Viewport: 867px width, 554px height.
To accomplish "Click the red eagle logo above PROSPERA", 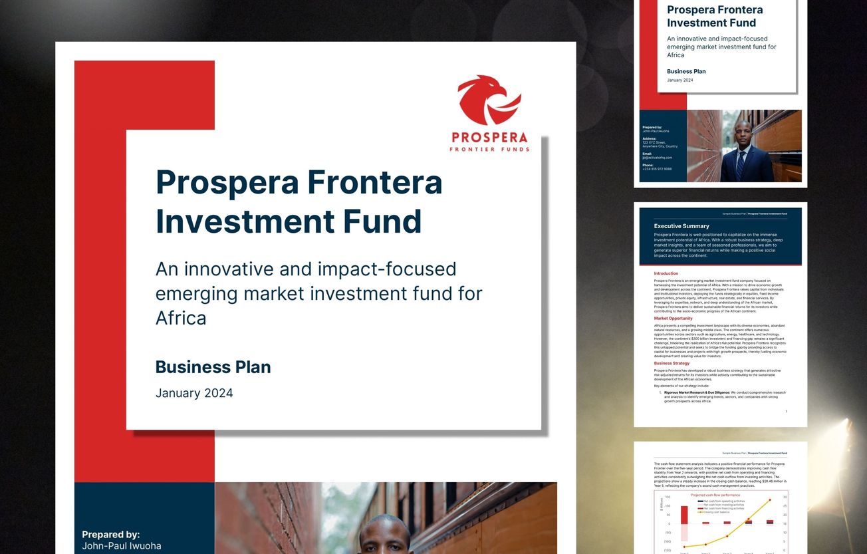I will [x=489, y=100].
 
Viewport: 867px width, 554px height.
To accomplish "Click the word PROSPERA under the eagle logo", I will [x=489, y=138].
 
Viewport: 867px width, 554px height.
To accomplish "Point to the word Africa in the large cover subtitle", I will [x=181, y=318].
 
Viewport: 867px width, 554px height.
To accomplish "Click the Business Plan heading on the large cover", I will [x=213, y=367].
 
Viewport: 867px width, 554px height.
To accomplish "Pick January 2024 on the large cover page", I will [x=194, y=393].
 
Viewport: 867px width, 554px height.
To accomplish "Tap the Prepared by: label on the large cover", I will [x=110, y=534].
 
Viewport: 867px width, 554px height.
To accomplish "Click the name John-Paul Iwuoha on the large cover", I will [x=121, y=546].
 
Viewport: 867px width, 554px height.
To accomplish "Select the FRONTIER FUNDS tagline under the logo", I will [x=489, y=150].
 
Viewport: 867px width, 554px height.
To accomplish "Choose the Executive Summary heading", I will [x=681, y=226].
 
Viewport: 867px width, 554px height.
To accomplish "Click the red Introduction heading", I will [x=666, y=273].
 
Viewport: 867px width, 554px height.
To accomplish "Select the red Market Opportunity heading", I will [x=673, y=319].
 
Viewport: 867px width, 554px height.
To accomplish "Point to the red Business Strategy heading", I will [x=672, y=363].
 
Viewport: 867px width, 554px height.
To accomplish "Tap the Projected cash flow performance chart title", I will [x=715, y=495].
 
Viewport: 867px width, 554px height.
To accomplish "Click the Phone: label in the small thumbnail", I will [x=648, y=165].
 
